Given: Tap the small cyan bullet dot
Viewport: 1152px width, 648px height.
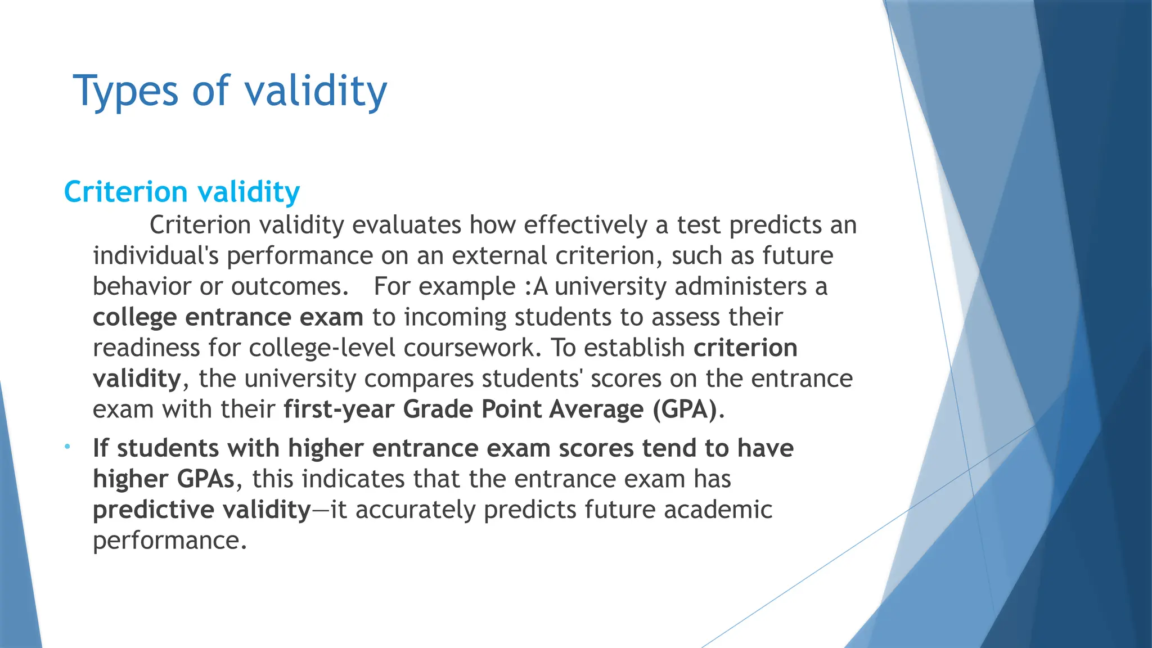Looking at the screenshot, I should point(67,447).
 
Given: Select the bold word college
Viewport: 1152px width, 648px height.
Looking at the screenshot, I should point(134,317).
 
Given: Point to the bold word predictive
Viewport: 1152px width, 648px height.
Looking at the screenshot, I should point(153,510).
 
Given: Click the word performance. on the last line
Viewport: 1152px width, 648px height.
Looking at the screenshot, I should point(169,541).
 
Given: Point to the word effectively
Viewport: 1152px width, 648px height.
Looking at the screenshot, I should point(586,225).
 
